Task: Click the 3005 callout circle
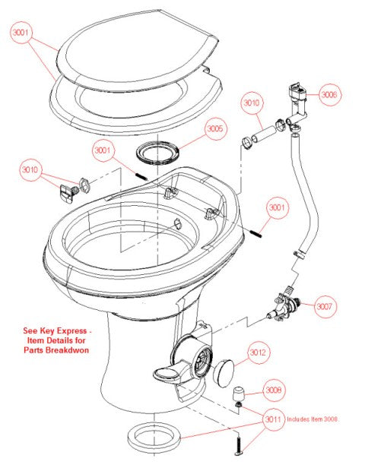(215, 129)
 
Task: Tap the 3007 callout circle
(325, 307)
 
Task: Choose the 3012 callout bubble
(259, 352)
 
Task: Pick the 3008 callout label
(274, 390)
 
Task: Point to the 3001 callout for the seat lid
(22, 33)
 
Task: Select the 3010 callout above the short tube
(252, 101)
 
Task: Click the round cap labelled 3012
(224, 373)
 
